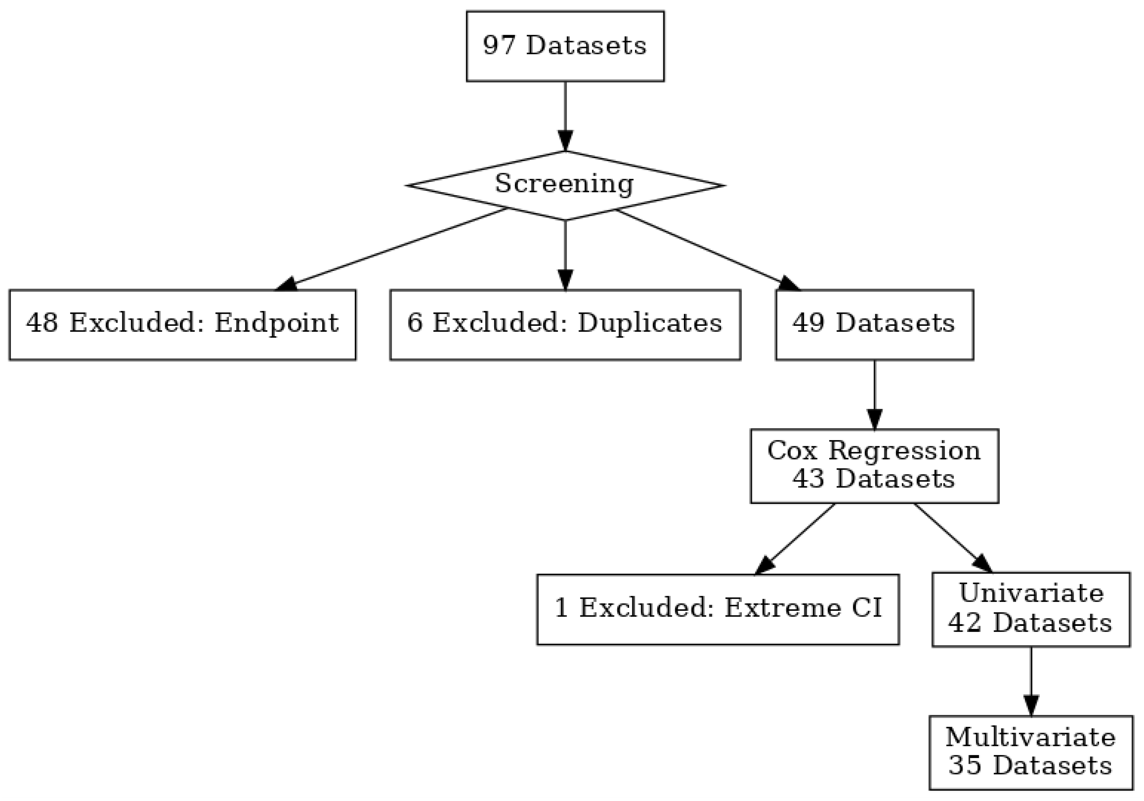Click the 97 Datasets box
pyautogui.click(x=565, y=46)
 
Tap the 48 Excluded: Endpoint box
pyautogui.click(x=182, y=324)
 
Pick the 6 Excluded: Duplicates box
pyautogui.click(x=565, y=324)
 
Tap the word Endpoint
pyautogui.click(x=276, y=323)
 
